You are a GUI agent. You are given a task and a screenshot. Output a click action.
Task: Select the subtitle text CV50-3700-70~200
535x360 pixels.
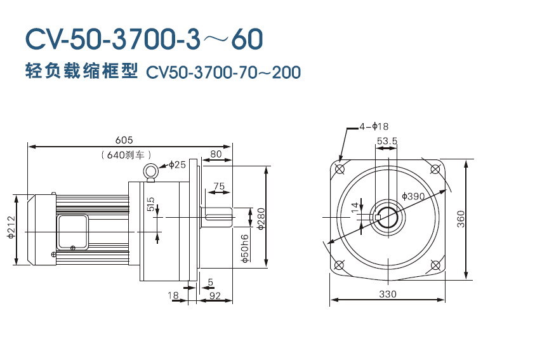tap(223, 72)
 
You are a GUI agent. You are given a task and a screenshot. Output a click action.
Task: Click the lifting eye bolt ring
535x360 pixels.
tap(151, 170)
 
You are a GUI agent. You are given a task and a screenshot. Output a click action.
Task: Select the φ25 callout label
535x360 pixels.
tap(176, 165)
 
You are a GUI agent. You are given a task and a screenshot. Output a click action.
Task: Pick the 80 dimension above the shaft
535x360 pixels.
tap(216, 154)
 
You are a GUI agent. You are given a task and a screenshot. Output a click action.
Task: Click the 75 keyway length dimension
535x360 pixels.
tap(219, 186)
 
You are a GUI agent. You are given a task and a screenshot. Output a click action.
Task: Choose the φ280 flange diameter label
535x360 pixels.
tap(260, 217)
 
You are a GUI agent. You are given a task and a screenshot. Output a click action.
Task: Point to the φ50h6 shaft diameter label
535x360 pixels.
tap(245, 249)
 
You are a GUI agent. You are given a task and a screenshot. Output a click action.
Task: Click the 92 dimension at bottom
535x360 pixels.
tap(215, 295)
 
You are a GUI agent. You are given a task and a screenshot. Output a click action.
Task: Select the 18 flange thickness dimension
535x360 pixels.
tap(173, 295)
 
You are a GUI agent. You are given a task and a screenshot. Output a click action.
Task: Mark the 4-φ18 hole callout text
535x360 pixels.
tap(374, 126)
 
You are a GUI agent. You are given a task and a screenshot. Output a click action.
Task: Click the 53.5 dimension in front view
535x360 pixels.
tap(386, 140)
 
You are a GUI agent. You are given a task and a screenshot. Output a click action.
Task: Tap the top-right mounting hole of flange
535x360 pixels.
tap(435, 169)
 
